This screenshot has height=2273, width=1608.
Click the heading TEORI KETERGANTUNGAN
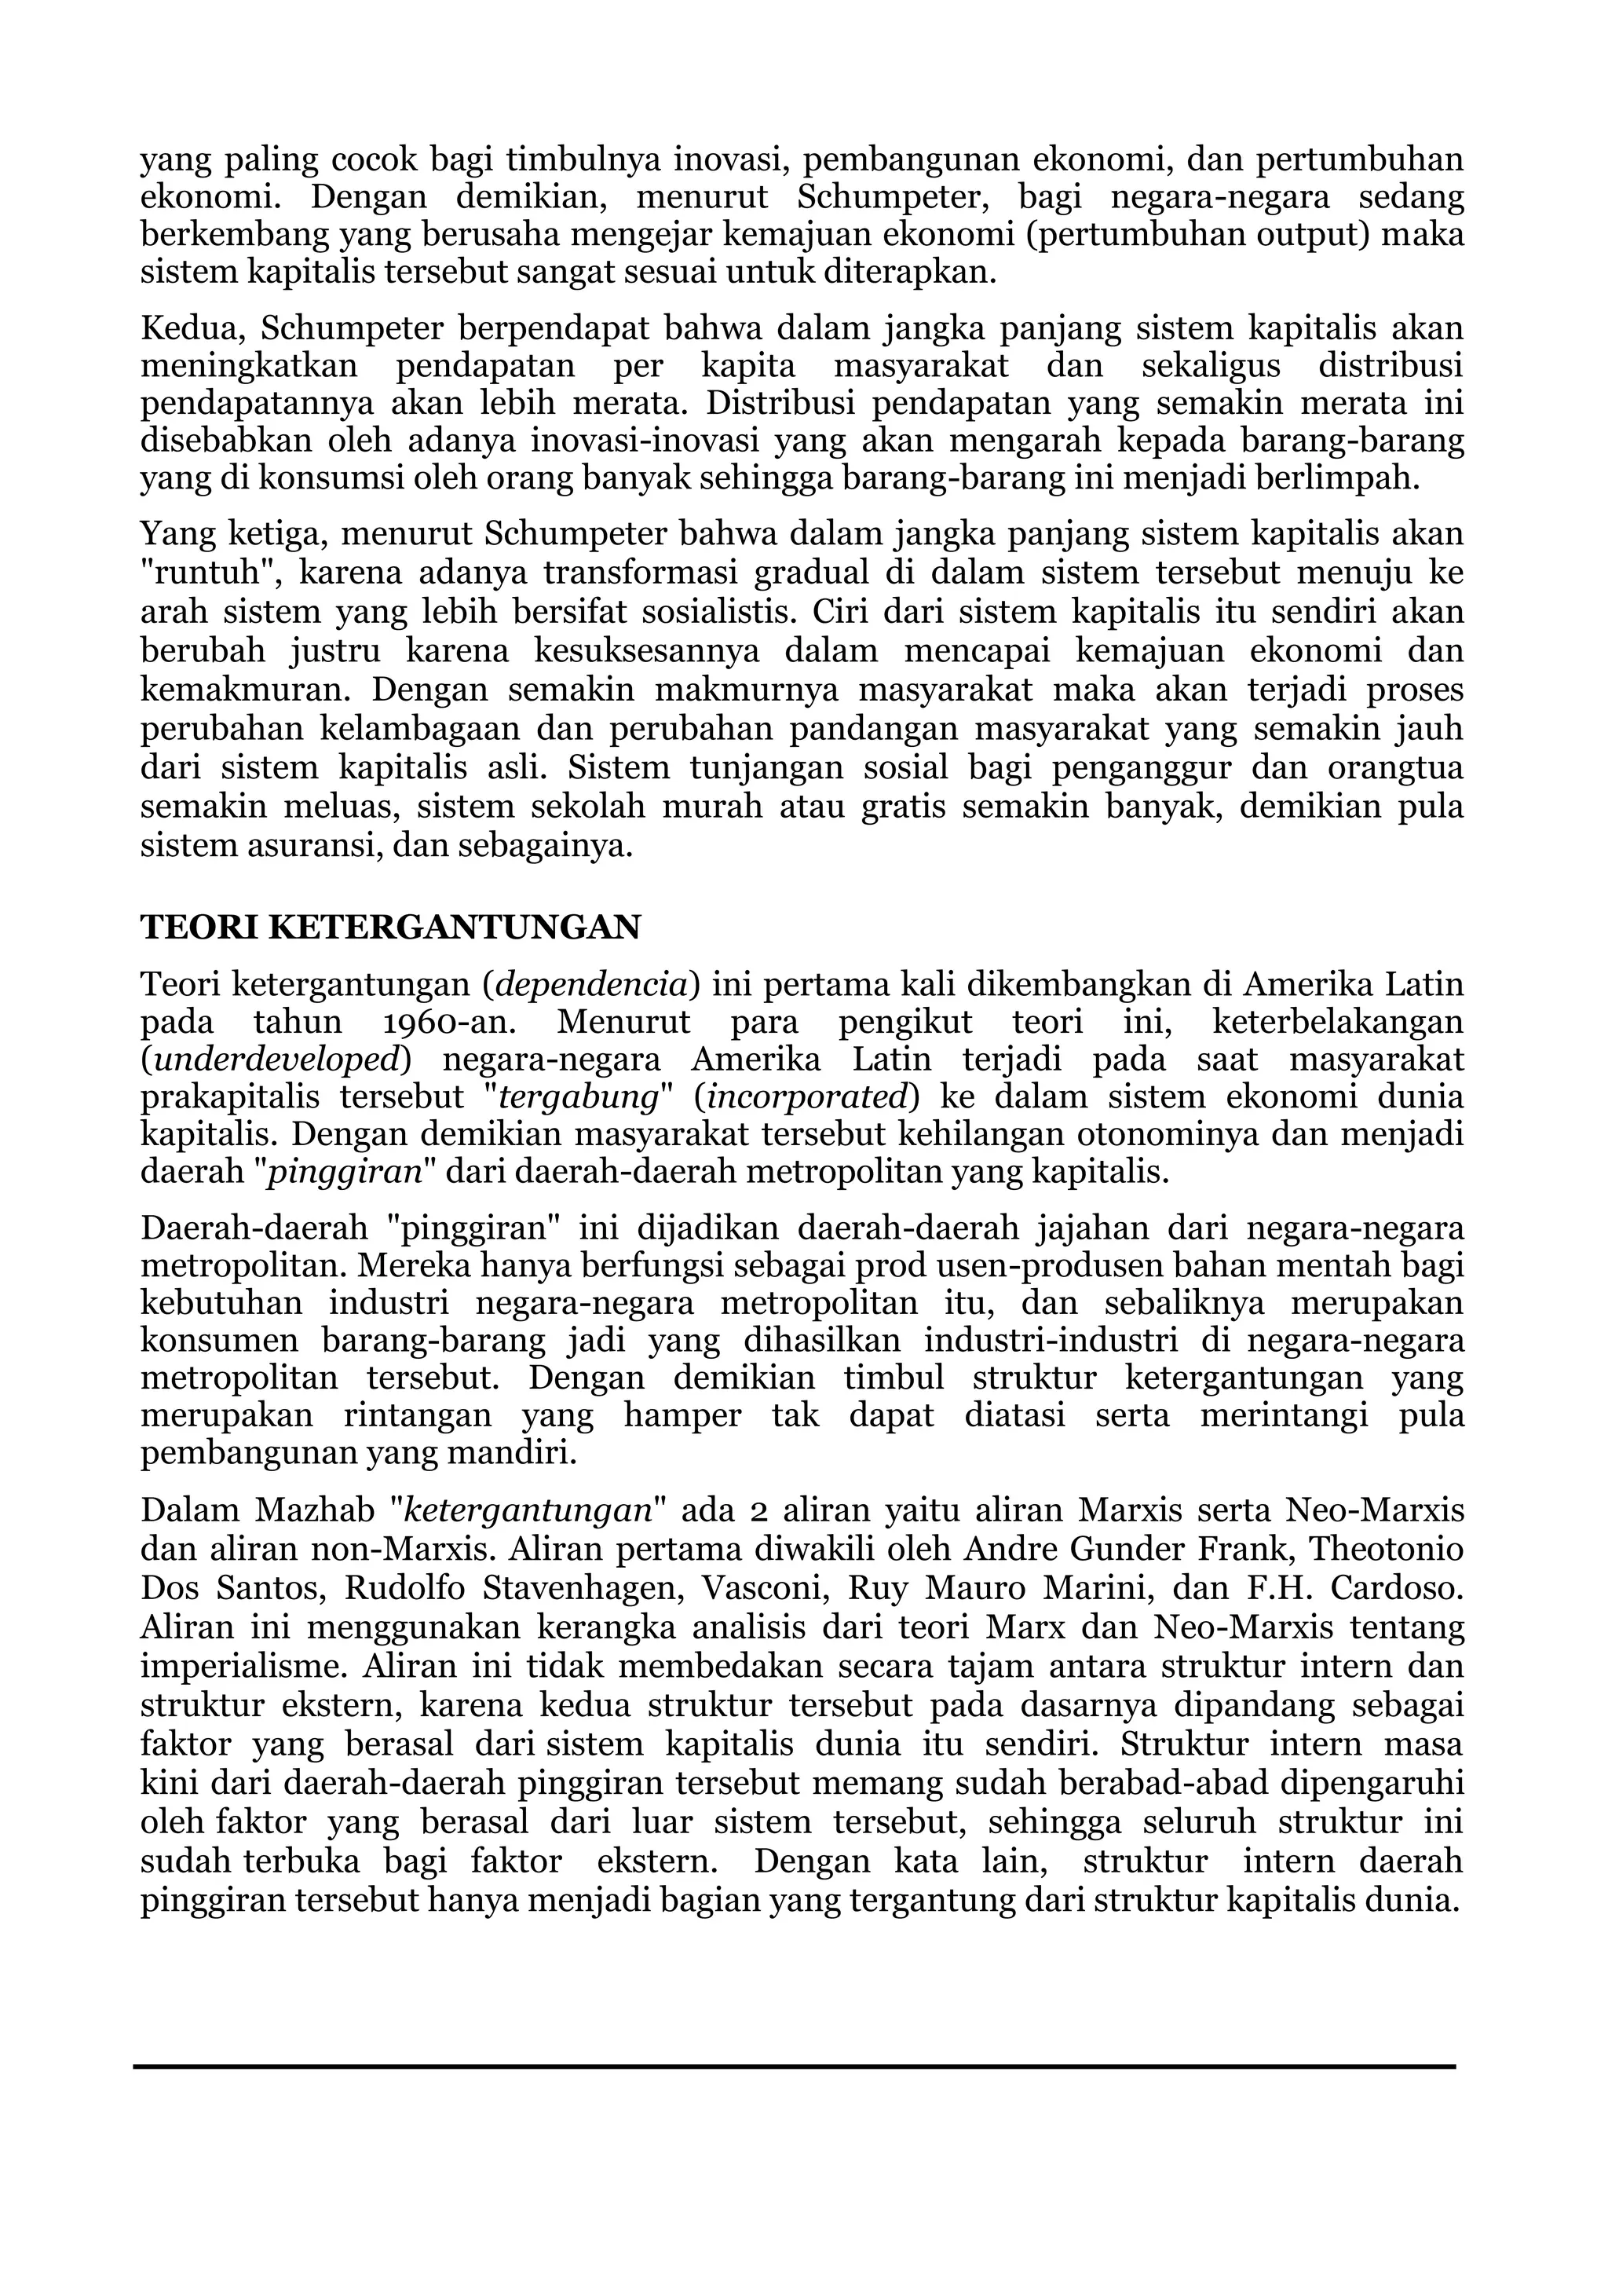390,927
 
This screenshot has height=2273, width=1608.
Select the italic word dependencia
591,984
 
